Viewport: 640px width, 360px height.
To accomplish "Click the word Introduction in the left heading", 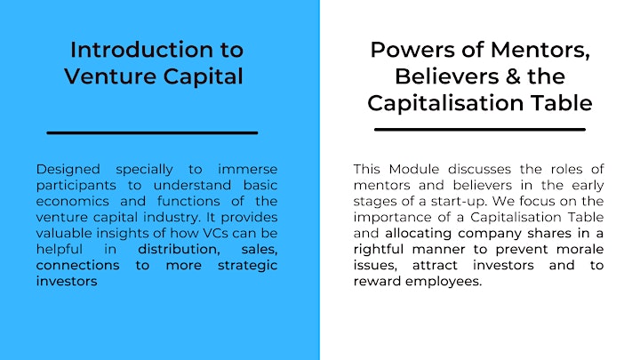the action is point(141,50).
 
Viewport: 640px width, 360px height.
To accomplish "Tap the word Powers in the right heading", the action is point(412,50).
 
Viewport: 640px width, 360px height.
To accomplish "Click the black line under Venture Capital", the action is point(152,132).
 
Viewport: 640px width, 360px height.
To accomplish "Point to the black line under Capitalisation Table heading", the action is point(480,130).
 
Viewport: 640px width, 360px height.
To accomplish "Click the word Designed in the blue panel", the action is point(68,170).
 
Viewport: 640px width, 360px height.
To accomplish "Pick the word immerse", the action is point(248,169).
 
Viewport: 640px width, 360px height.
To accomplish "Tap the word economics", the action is point(73,201).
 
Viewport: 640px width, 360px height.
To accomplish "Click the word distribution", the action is point(179,250).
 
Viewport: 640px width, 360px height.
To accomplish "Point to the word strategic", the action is point(248,266).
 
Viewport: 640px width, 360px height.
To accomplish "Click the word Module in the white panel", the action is point(414,169).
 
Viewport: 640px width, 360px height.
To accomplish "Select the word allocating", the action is point(419,234).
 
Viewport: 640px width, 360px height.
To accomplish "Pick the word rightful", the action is point(379,250).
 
